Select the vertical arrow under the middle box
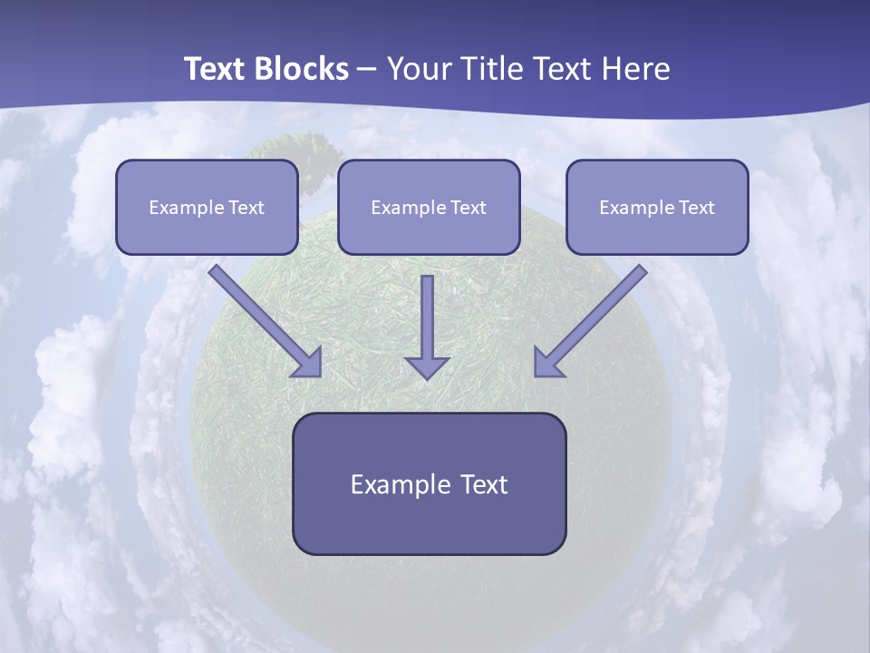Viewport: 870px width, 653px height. (427, 317)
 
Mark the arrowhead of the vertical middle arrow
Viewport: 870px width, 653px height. (427, 366)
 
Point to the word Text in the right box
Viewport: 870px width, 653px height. (695, 208)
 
